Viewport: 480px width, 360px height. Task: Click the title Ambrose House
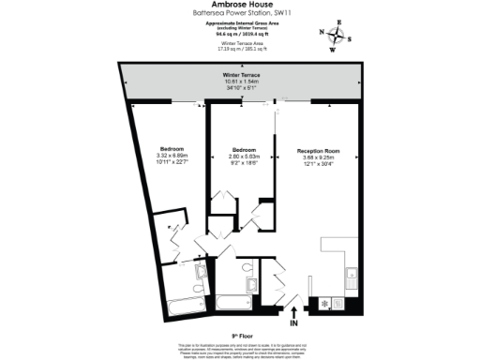[x=240, y=5]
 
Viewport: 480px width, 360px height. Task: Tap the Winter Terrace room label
[x=240, y=74]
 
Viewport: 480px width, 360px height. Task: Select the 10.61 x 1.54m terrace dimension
[x=240, y=81]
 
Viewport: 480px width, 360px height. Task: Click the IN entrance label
[x=292, y=323]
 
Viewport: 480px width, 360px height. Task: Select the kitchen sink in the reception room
[x=351, y=277]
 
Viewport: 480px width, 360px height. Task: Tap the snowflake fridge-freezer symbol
[x=325, y=304]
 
